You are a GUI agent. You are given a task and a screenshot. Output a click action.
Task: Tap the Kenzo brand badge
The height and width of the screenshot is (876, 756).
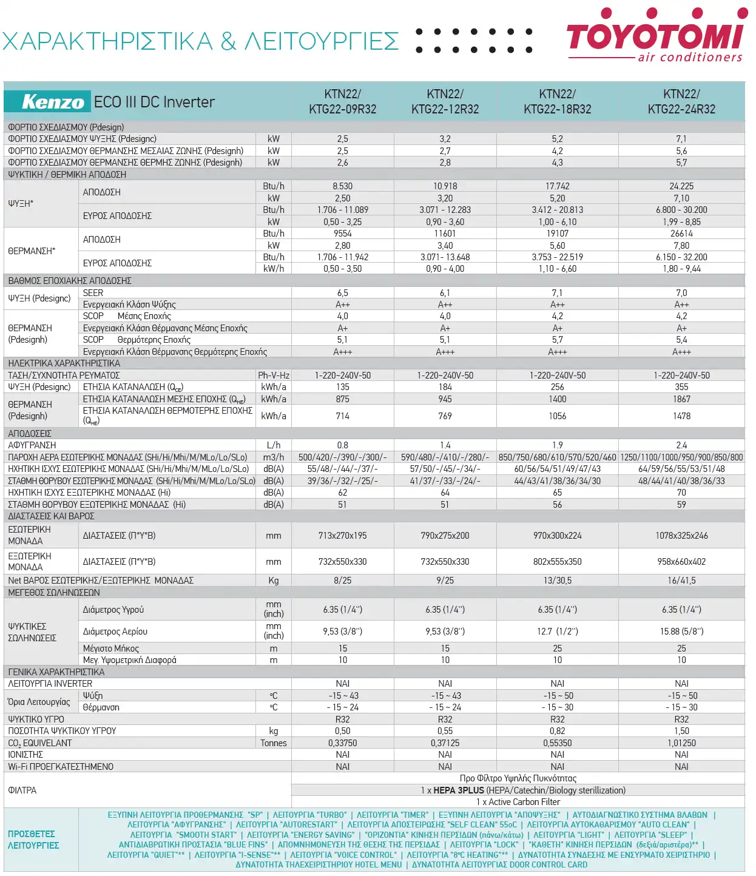pos(47,101)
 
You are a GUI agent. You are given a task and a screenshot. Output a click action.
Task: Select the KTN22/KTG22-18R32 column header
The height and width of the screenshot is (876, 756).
pos(557,101)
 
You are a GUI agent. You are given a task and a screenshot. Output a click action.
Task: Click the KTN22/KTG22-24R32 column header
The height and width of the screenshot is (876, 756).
pos(681,101)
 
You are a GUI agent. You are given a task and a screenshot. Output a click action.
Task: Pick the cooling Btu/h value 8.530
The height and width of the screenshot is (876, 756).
pos(342,186)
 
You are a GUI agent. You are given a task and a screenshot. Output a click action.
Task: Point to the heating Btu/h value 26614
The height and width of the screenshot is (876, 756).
pos(681,234)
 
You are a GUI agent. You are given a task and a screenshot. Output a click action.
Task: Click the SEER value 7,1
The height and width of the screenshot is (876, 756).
pos(557,293)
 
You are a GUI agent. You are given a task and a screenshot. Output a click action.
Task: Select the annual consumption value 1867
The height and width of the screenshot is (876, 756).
pos(681,399)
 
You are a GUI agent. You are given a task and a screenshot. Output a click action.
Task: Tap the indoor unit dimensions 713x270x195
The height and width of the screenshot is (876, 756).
pos(342,535)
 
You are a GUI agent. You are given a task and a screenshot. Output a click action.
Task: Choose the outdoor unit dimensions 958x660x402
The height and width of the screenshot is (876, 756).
pos(681,562)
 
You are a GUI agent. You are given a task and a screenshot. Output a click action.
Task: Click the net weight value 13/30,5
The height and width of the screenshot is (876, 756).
pos(557,580)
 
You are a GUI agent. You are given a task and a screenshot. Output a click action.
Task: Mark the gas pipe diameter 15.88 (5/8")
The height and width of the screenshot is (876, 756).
pos(681,631)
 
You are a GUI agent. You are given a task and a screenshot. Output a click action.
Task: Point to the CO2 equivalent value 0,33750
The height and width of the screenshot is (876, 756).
pos(342,743)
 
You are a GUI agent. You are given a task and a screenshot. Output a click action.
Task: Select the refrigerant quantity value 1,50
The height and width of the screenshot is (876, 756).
pos(681,730)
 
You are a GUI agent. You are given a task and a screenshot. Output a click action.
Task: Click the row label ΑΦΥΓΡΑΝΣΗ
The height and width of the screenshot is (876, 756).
pos(32,445)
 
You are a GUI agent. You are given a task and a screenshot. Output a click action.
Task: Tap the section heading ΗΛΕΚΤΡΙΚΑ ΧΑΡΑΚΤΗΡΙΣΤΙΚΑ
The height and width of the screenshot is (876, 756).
pos(64,363)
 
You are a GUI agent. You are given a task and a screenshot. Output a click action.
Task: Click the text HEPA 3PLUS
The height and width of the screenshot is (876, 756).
pos(459,790)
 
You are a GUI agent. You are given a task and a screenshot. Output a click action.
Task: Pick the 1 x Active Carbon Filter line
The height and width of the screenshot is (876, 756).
pos(518,802)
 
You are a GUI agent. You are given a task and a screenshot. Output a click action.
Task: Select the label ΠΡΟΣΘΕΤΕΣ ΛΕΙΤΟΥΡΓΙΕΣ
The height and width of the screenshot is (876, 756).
pos(33,839)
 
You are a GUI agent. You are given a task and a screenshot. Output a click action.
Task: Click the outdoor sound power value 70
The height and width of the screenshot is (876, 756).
pos(681,493)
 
